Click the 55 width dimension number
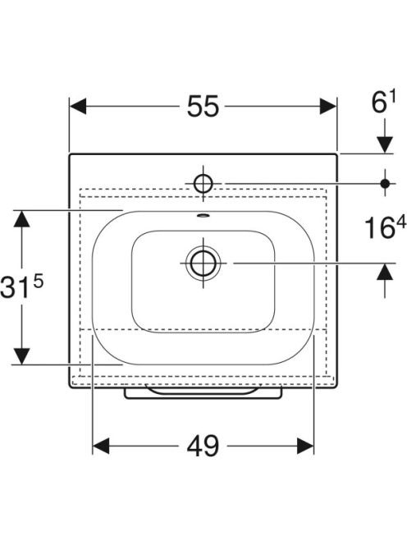pos(203,106)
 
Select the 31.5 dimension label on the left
pos(22,286)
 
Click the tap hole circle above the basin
pos(203,183)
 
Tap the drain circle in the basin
pos(203,263)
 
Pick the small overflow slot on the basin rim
pos(203,216)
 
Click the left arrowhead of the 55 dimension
pos(78,106)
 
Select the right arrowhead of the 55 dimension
pos(328,106)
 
